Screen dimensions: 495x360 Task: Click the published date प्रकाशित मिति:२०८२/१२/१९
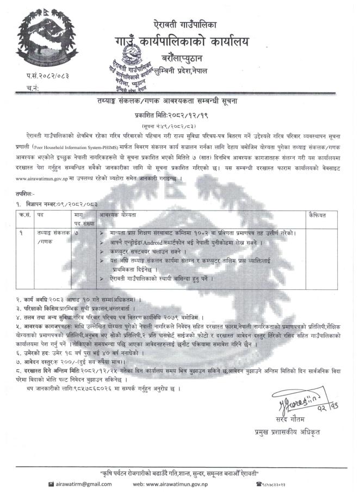pyautogui.click(x=179, y=115)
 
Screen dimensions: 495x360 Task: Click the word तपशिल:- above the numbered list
pyautogui.click(x=26, y=193)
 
